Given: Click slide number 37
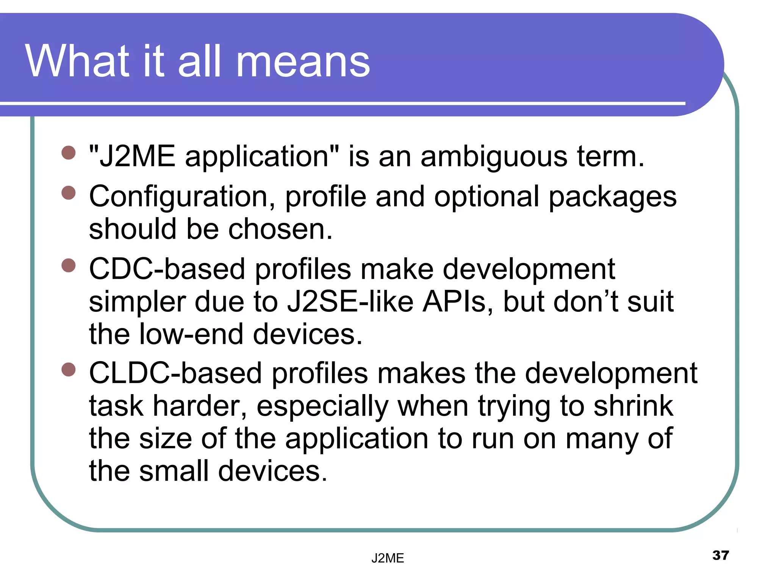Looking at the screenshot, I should [720, 555].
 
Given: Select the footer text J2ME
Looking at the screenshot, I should [388, 558].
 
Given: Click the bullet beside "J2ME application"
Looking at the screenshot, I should [69, 153].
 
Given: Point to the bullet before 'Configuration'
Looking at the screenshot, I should [69, 192].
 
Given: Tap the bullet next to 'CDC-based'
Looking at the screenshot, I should [69, 265].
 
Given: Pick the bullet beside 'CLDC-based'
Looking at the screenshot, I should [69, 369].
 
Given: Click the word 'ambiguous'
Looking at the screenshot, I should [494, 157].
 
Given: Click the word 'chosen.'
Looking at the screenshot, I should [280, 229].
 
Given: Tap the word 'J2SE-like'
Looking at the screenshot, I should [350, 302].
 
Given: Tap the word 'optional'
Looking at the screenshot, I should [487, 197].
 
